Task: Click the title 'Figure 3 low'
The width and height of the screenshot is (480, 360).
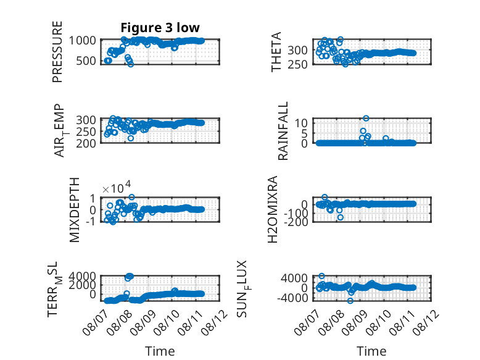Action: (160, 28)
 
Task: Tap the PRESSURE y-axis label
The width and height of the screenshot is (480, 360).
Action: (57, 52)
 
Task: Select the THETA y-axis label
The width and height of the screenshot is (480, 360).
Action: (276, 52)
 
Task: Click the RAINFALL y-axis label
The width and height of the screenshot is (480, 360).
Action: (283, 131)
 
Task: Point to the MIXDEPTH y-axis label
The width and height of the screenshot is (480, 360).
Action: (75, 210)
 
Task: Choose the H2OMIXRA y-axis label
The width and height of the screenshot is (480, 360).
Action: (273, 209)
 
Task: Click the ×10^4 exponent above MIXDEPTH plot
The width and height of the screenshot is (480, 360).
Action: (117, 187)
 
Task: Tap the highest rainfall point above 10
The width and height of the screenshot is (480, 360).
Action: (366, 119)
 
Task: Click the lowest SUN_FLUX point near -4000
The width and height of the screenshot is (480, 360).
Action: (350, 301)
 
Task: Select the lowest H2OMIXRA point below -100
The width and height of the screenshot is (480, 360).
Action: (341, 217)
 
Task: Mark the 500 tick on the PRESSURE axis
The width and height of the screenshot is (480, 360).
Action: (86, 61)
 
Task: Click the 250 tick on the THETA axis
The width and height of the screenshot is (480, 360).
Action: (297, 65)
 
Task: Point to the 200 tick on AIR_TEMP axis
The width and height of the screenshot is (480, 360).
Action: (86, 143)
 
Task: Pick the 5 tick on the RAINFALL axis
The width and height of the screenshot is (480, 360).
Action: (304, 133)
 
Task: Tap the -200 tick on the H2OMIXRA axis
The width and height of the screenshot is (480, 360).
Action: (296, 222)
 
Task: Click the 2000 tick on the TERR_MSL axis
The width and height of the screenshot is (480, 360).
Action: (82, 285)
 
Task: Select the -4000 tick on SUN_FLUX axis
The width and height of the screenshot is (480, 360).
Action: (292, 298)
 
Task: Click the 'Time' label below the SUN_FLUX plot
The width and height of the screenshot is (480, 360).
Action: (371, 351)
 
